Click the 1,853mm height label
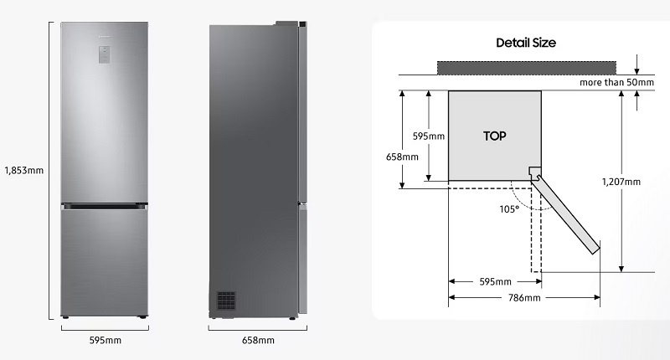point(23,171)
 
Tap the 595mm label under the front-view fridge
point(106,340)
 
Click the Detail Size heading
point(526,43)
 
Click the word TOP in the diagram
point(495,134)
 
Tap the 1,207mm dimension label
point(621,181)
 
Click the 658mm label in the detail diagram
point(403,157)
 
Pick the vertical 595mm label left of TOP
point(428,136)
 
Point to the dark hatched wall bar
point(526,67)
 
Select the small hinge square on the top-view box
point(533,172)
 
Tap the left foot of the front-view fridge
point(66,317)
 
